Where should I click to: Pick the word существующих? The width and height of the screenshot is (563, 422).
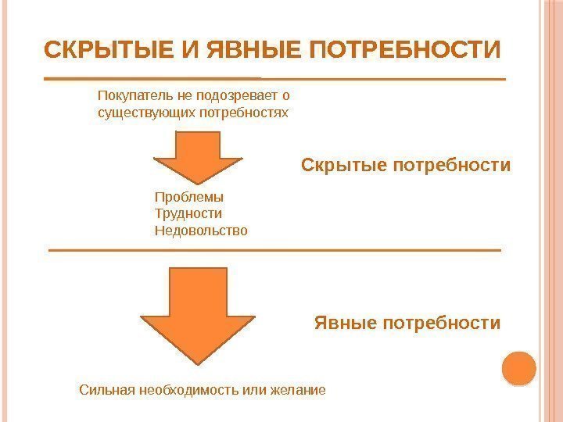pos(138,113)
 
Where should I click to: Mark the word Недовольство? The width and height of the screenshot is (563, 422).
pos(201,231)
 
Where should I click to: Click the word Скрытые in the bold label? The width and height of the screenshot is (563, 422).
pos(344,166)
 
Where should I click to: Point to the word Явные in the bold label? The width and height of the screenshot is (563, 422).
pos(346,322)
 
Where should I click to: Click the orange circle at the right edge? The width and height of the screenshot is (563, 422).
pos(518,368)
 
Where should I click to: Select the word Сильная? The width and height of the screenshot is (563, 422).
pos(108,388)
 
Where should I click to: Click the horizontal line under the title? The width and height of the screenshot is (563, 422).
pos(274,80)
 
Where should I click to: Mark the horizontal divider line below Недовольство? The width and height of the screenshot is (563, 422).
pos(274,250)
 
